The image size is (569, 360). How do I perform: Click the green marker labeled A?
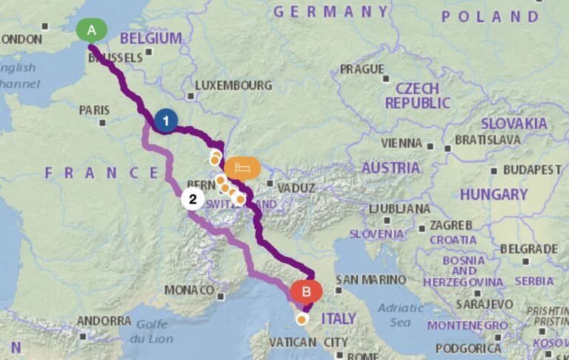(x=92, y=30)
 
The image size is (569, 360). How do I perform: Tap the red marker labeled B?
(x=306, y=291)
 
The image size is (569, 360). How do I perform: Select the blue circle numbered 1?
(x=166, y=120)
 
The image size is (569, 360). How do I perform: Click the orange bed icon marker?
(x=243, y=169)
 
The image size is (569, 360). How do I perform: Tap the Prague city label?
(x=361, y=70)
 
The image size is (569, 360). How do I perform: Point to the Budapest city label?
(x=532, y=170)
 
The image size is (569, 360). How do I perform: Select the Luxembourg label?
(x=233, y=86)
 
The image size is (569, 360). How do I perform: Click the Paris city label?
(x=94, y=110)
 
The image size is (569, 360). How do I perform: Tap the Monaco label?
(x=189, y=290)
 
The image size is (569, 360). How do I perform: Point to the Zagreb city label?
(x=448, y=224)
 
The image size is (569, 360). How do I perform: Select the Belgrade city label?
(x=528, y=249)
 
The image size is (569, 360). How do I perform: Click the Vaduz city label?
(x=296, y=188)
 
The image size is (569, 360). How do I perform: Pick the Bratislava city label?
(x=498, y=139)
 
